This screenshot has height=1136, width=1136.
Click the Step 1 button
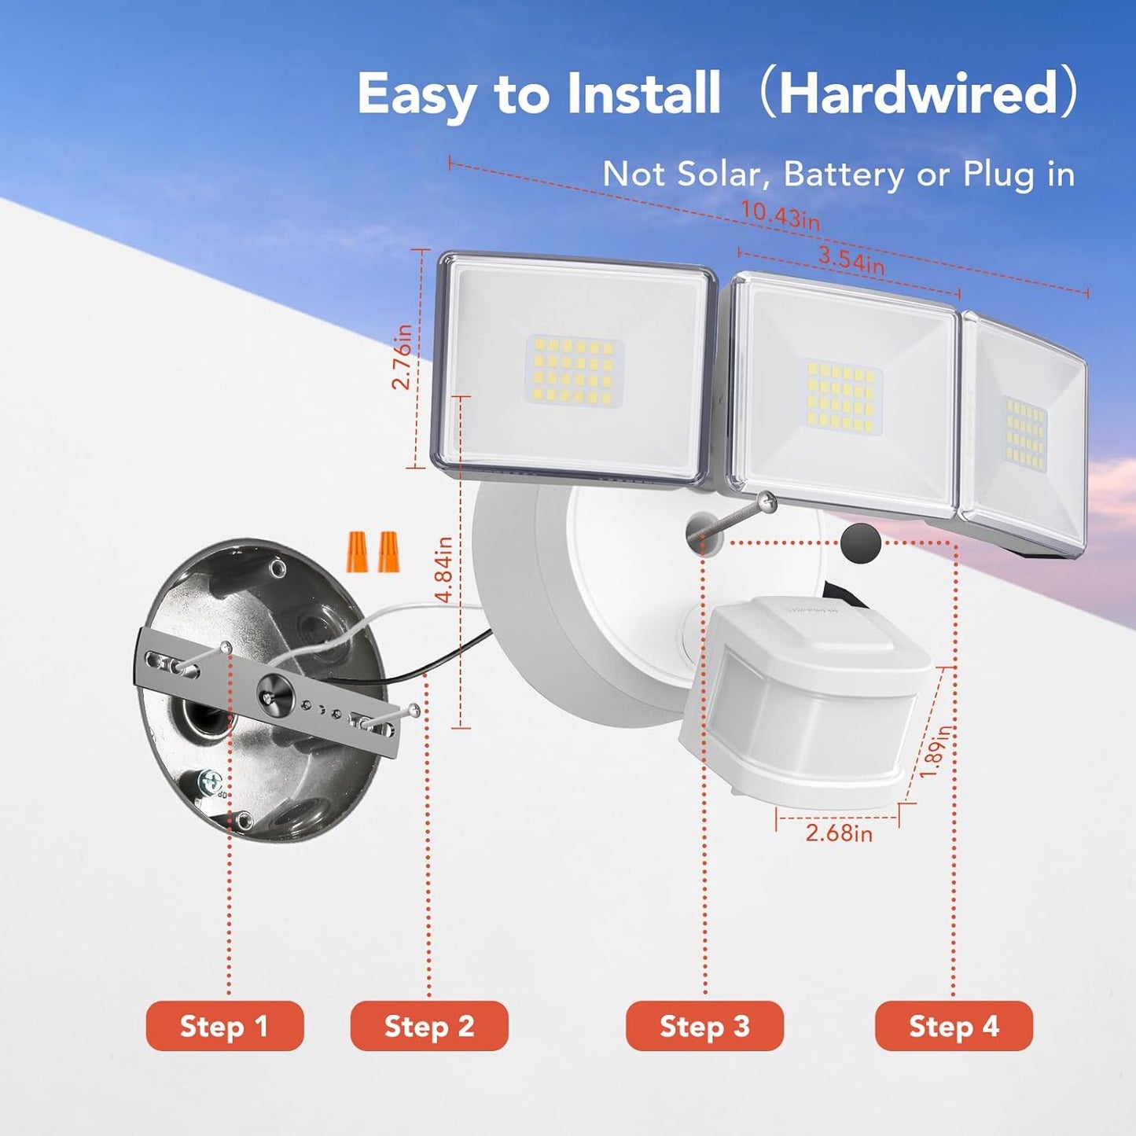224,1026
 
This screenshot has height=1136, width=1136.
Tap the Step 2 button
429,1026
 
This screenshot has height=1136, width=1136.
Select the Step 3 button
704,1026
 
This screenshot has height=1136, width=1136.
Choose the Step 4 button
954,1026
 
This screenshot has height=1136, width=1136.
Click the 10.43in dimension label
780,215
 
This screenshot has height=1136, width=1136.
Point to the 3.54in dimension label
851,259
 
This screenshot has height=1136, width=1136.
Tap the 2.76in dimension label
403,356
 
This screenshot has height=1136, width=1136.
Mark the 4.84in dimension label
443,569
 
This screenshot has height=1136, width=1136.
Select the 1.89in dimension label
935,751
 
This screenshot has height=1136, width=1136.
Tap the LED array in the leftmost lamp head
574,371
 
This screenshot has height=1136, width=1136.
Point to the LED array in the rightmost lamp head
1025,433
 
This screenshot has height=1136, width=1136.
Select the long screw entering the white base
734,517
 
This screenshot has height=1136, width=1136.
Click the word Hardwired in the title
918,94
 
